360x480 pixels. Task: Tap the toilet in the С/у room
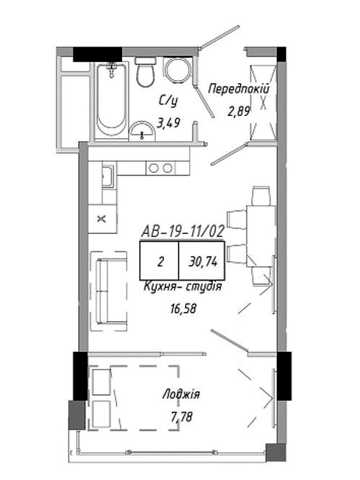(x=146, y=72)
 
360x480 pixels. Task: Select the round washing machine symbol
(x=178, y=71)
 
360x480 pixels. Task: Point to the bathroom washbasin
(x=142, y=131)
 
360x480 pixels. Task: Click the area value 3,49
(x=169, y=123)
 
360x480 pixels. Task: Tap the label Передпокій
(x=238, y=89)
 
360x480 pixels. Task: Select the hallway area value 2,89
(x=239, y=111)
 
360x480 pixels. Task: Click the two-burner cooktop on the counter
(x=161, y=168)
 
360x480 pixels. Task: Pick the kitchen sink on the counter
(x=108, y=176)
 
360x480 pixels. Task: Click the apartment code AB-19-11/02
(x=182, y=231)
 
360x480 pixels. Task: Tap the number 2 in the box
(x=160, y=262)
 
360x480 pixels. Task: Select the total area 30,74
(x=203, y=262)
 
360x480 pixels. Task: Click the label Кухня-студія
(x=182, y=286)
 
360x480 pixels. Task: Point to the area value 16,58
(x=183, y=309)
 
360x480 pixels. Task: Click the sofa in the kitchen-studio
(x=109, y=291)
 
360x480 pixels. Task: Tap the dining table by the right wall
(x=261, y=236)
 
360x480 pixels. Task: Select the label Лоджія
(x=181, y=394)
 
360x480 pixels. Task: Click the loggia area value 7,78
(x=181, y=417)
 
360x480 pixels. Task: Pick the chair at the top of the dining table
(x=261, y=196)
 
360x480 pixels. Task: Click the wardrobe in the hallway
(x=264, y=101)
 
